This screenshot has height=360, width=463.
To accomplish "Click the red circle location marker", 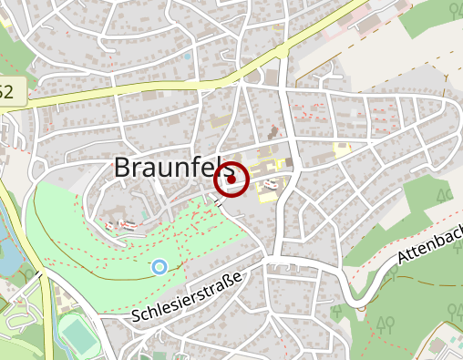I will (231, 180).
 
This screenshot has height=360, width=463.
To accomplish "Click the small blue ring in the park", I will (159, 266).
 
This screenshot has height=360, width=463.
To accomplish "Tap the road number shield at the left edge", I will (7, 91).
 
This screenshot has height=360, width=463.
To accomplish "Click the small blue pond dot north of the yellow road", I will (188, 57).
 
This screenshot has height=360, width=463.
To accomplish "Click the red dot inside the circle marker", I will (231, 180).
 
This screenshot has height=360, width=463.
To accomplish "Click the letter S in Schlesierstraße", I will (136, 316).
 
